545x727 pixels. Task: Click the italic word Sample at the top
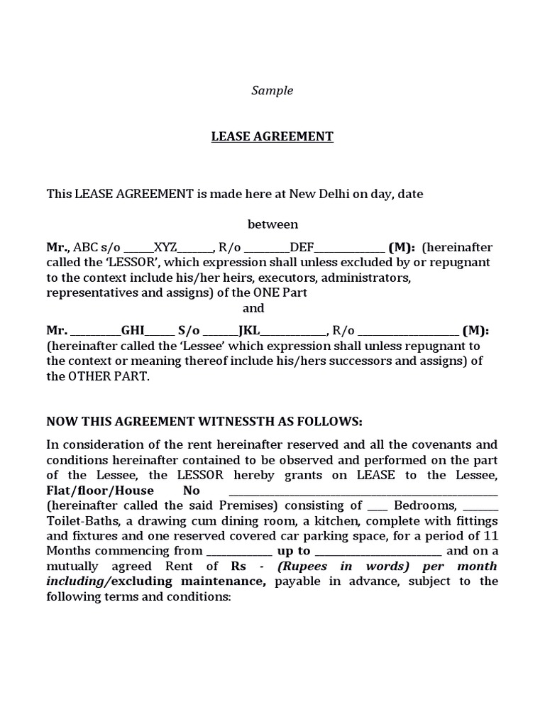(x=272, y=91)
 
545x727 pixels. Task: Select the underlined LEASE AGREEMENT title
(x=272, y=136)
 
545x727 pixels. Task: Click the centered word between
(x=272, y=224)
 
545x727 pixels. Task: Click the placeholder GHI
(x=133, y=330)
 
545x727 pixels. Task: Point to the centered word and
(x=253, y=308)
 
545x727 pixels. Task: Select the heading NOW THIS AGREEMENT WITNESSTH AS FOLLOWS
(x=204, y=422)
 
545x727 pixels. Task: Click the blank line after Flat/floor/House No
(x=363, y=492)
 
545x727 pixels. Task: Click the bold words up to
(x=293, y=551)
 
